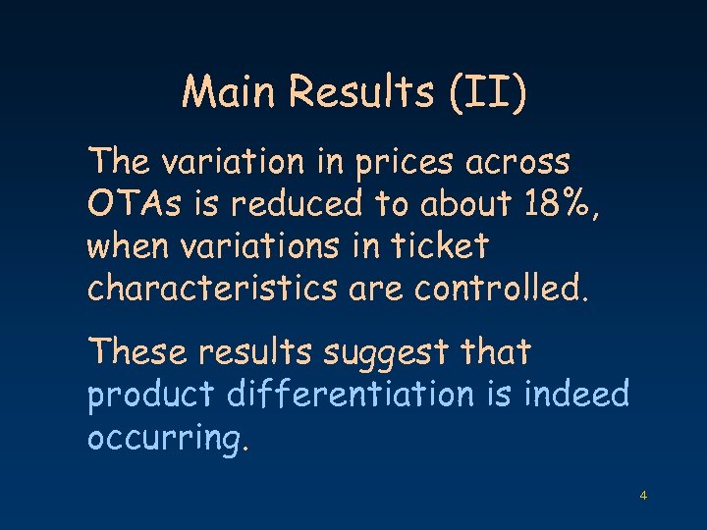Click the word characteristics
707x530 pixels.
200,289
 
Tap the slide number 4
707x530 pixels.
643,496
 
